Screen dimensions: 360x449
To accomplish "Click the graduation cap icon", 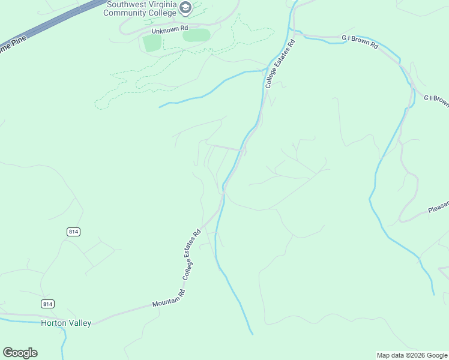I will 185,8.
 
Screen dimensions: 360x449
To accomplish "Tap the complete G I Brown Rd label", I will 360,41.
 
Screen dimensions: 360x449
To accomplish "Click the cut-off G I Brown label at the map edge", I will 436,100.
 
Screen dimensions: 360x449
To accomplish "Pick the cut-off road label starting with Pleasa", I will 438,207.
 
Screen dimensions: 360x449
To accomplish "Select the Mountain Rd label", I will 169,298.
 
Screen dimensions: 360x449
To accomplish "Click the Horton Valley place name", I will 66,323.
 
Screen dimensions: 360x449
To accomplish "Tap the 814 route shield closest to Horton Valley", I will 48,304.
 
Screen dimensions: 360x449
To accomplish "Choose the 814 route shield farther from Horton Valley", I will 73,232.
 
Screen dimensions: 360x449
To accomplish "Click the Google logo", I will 20,353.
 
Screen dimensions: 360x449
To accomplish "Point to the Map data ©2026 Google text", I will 412,355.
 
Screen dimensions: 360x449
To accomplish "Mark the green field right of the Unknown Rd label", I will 196,35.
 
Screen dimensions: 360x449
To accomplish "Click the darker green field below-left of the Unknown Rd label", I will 152,43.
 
